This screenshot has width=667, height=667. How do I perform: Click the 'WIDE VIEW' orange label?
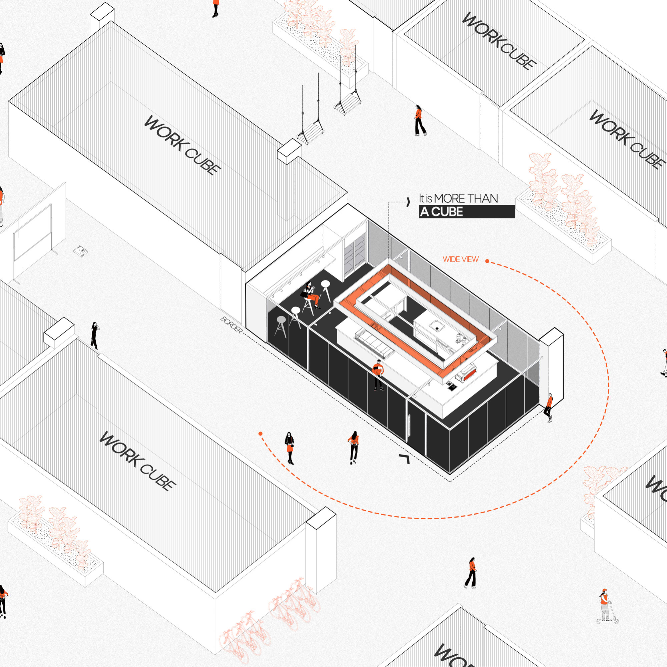461,259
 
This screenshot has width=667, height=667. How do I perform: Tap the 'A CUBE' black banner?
467,212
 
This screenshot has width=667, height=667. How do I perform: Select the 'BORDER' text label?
232,325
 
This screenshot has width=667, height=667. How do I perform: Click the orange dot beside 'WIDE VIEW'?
487,261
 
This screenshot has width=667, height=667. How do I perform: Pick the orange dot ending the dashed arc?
260,434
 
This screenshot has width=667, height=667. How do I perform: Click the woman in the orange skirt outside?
289,448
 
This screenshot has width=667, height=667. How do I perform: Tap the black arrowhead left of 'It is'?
409,202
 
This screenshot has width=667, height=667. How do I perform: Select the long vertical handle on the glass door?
409,427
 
